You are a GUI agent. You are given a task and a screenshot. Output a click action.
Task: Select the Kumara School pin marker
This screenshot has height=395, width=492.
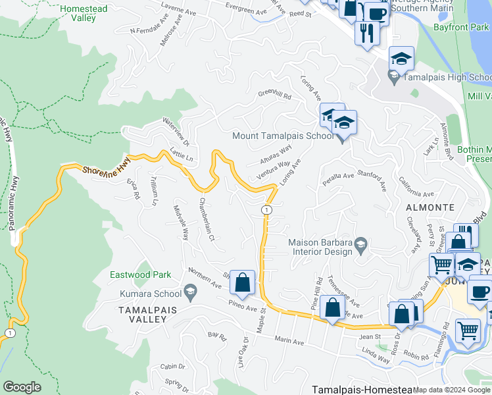click(x=191, y=291)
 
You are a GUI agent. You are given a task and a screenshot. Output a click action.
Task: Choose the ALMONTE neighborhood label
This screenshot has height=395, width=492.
click(x=430, y=207)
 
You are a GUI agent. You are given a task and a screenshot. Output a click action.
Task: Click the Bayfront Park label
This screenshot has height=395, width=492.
click(x=462, y=28)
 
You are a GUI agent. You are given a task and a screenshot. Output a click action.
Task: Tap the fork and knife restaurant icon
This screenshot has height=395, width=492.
click(x=366, y=32)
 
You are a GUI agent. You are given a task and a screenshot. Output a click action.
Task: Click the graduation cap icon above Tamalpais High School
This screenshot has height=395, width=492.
click(x=401, y=59)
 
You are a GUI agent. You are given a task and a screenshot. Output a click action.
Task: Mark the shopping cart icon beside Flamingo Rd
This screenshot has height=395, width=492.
click(x=468, y=330)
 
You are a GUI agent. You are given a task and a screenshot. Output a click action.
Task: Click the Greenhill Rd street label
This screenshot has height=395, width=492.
click(x=274, y=95)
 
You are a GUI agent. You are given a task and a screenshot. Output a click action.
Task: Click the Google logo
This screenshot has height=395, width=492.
click(x=22, y=387)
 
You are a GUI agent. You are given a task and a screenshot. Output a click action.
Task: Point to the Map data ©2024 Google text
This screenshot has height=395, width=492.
click(x=451, y=390)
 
